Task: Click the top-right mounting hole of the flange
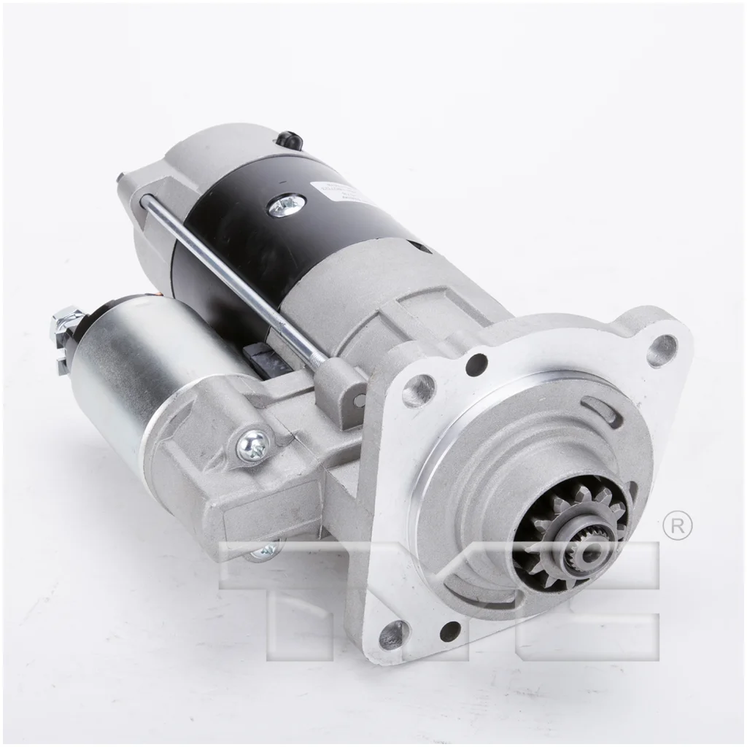(662, 349)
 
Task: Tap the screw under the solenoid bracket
(265, 551)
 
